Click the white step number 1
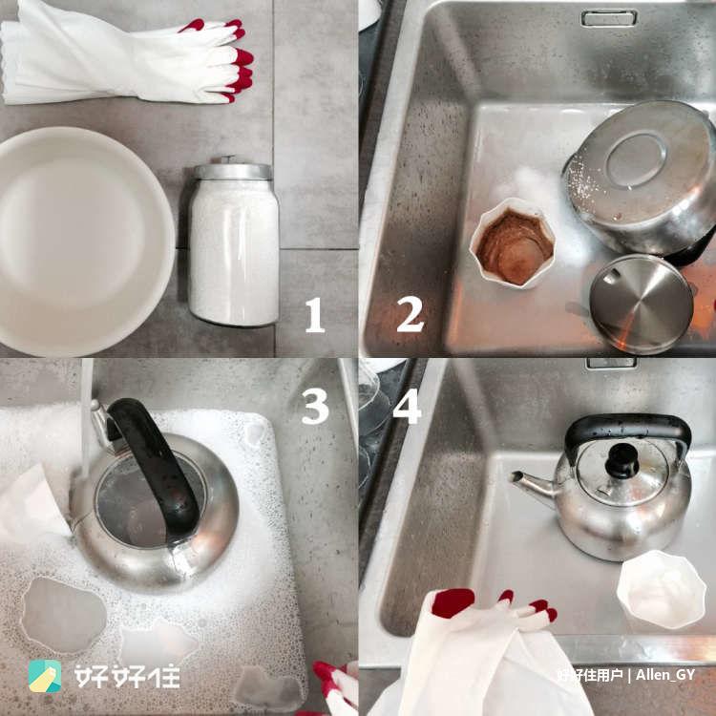coord(315,315)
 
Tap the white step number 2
coord(411,314)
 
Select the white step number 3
coord(315,407)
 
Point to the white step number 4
coord(407,407)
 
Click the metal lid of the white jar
coord(232,169)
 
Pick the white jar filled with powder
coord(233,242)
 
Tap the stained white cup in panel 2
coord(513,242)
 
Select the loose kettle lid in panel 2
coord(642,305)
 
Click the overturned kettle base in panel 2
coord(641,179)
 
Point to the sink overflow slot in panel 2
coord(609,19)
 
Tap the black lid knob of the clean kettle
coord(621,460)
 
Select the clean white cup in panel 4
coord(661,589)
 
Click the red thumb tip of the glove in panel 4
coord(453,602)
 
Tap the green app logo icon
coord(45,676)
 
